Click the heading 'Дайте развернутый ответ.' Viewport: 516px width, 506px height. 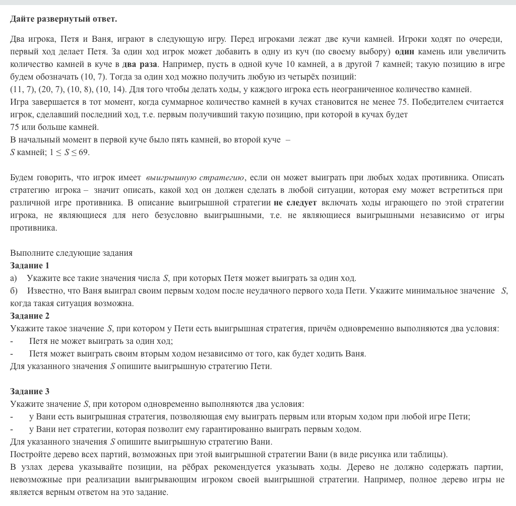coord(63,19)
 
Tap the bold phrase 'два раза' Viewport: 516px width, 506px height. coord(140,64)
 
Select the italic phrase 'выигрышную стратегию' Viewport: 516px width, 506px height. coord(195,178)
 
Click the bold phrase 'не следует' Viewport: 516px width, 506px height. coord(295,203)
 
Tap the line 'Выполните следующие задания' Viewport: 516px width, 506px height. coord(71,253)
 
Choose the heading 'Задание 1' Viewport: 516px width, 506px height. coord(30,265)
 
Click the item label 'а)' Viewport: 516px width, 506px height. coord(14,278)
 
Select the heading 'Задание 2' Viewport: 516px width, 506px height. coord(30,316)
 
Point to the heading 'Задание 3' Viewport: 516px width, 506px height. coord(30,391)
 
